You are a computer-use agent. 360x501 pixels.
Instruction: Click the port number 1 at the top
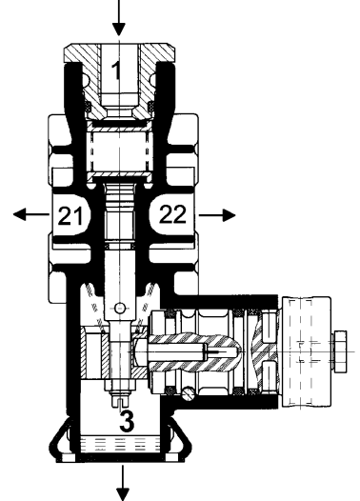tap(116, 70)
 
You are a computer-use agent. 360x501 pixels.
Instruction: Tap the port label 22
tap(172, 215)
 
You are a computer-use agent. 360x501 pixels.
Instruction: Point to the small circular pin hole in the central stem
tap(118, 308)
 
